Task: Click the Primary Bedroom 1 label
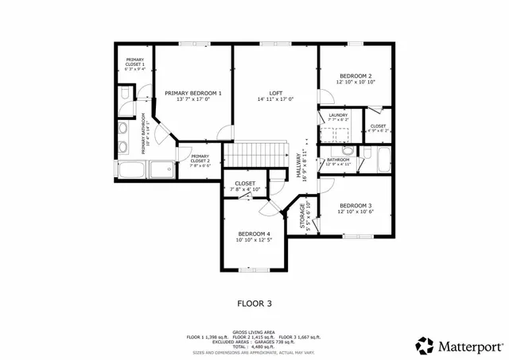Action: pyautogui.click(x=193, y=93)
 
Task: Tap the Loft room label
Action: pyautogui.click(x=275, y=93)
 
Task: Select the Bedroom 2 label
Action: pyautogui.click(x=355, y=75)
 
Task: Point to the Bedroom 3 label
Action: pyautogui.click(x=355, y=204)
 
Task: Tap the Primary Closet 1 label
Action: pyautogui.click(x=134, y=62)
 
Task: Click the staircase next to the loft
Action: pyautogui.click(x=257, y=154)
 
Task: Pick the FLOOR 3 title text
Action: pyautogui.click(x=254, y=303)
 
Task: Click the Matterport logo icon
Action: pyautogui.click(x=425, y=346)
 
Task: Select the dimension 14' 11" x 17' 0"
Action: pyautogui.click(x=275, y=99)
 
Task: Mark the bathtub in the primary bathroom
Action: pyautogui.click(x=134, y=169)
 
